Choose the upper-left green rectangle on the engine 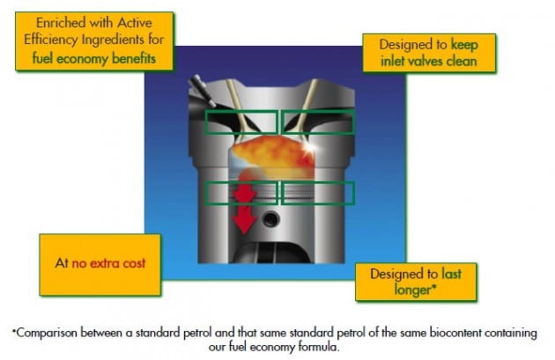click(x=240, y=122)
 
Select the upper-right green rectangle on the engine click(x=317, y=122)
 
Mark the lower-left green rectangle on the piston click(x=240, y=193)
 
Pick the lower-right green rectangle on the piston click(x=317, y=193)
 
